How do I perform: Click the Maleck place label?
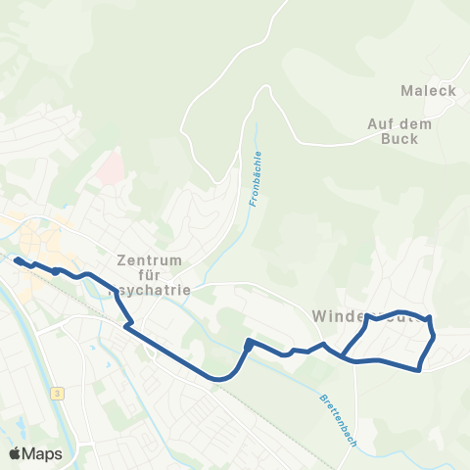tap(429, 91)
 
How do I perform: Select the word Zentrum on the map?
tap(150, 260)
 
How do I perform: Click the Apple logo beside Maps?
tap(16, 453)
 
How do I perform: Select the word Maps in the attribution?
tap(43, 453)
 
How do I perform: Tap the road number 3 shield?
tap(59, 393)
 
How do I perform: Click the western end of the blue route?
tap(17, 259)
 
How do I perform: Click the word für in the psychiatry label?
tap(150, 275)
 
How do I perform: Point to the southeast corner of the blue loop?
tap(420, 369)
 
